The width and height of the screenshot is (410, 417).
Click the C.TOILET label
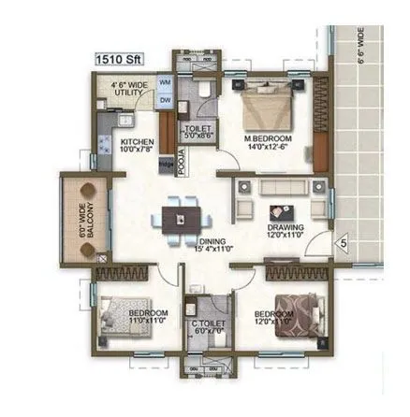205,328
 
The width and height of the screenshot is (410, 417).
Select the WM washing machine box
166,83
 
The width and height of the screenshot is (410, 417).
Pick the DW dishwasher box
166,99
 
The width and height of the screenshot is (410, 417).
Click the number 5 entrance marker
344,244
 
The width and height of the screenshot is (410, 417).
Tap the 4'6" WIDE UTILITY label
130,89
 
